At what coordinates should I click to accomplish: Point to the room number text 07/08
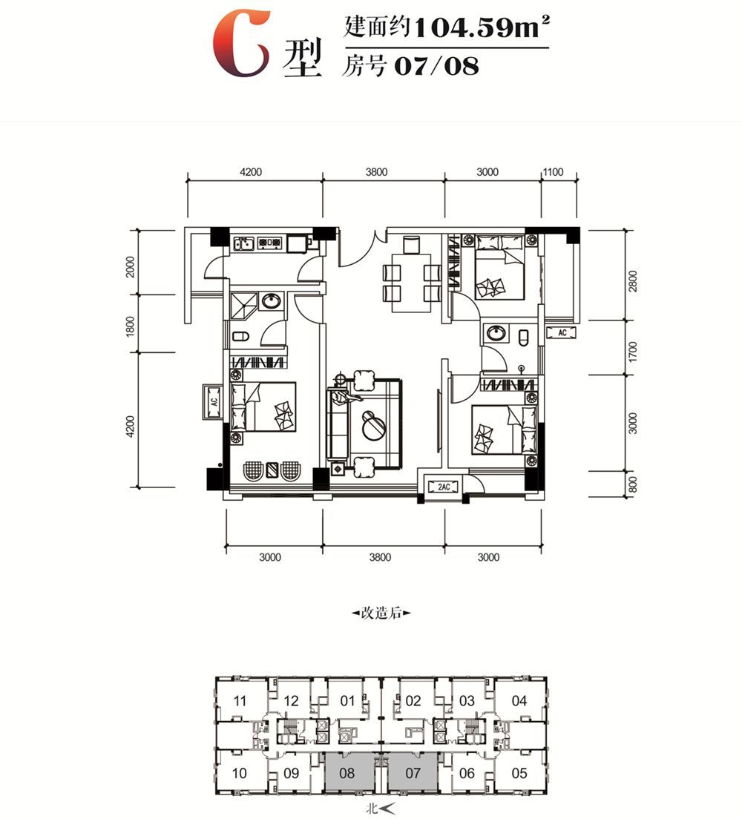436,66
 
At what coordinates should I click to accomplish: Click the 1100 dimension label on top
554,172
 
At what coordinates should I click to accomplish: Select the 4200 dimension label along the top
251,172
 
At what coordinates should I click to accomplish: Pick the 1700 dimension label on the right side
634,352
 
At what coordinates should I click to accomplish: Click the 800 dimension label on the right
634,484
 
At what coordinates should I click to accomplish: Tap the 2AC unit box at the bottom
443,487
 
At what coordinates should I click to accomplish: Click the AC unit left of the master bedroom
214,401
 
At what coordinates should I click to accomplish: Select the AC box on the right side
562,332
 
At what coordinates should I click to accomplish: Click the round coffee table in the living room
375,425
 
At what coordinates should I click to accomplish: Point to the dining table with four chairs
412,283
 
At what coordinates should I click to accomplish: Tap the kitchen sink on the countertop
244,243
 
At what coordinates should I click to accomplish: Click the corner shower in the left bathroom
243,306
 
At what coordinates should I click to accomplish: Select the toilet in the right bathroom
524,337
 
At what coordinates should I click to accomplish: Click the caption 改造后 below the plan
381,613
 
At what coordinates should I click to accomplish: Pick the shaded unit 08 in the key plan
347,773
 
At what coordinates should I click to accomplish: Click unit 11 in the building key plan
240,700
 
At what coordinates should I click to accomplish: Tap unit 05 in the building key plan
519,773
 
